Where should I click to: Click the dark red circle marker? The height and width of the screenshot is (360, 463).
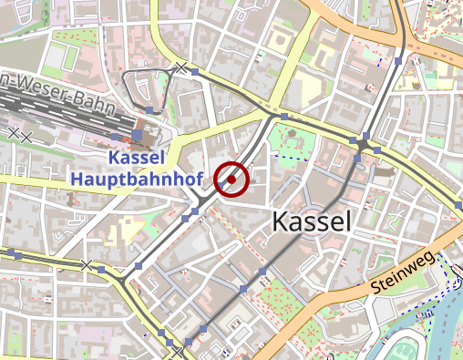(x=231, y=180)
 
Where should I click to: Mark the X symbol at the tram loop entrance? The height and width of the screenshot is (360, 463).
(x=181, y=67)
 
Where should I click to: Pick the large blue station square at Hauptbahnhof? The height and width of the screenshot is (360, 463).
(x=137, y=135)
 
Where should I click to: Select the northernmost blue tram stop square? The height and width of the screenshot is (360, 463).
(x=398, y=61)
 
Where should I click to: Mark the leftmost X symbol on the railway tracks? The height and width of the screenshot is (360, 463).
(x=13, y=132)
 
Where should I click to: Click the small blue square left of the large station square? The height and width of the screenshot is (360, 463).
(x=114, y=136)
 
